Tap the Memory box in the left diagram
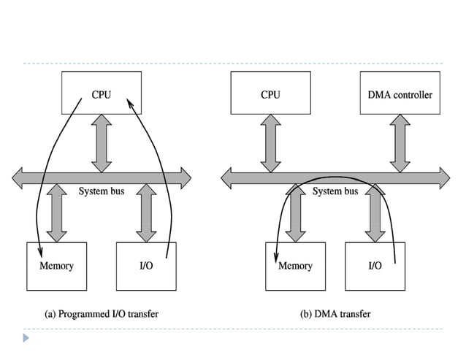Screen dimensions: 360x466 click(56, 265)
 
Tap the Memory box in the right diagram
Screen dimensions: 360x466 click(295, 265)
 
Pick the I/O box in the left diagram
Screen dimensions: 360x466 click(146, 265)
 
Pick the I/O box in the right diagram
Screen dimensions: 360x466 click(375, 265)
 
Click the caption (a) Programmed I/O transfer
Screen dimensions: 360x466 click(102, 314)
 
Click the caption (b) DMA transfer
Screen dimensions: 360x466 click(335, 314)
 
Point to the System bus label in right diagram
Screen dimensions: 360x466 click(335, 191)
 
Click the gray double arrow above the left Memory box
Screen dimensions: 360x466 click(56, 212)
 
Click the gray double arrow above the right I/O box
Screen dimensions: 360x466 click(375, 212)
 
